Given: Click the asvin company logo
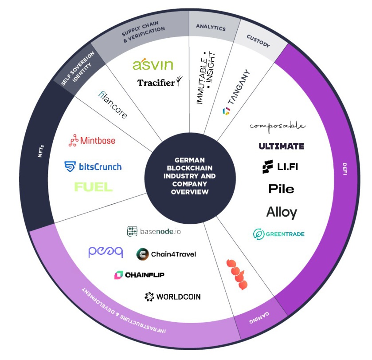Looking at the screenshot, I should click(153, 65).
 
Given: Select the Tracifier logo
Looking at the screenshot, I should click(157, 82).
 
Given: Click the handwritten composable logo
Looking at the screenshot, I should click(278, 126).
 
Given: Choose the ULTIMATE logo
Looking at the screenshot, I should click(282, 146).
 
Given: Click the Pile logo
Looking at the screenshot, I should click(281, 189).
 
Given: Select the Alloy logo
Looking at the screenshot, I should click(282, 212).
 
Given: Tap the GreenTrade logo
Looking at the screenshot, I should click(279, 234).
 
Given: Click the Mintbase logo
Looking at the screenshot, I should click(92, 141).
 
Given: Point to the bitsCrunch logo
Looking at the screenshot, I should click(93, 167).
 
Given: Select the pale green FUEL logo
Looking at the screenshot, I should click(93, 187).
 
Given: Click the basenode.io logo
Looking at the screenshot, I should click(154, 231).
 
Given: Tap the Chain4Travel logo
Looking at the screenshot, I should click(166, 254).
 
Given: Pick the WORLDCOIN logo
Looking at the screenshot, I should click(172, 297).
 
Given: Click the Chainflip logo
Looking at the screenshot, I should click(139, 275).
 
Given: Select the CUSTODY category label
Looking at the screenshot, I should click(258, 44).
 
